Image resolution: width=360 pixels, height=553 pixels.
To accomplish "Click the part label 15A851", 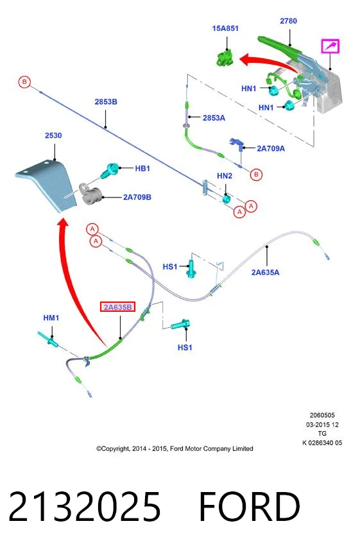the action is coord(225,28).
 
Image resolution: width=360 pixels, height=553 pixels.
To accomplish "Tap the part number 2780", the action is coord(288,21).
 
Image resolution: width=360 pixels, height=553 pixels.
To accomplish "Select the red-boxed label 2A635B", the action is coord(118,307).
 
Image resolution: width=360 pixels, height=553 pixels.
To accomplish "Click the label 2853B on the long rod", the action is coord(106,102).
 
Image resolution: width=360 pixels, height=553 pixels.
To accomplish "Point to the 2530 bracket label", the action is coord(53,135).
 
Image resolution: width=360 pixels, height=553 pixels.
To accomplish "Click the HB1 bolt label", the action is coord(142,169).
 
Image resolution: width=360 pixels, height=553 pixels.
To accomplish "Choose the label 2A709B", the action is coord(137,197).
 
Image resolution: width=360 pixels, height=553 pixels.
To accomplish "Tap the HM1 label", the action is coord(51,318).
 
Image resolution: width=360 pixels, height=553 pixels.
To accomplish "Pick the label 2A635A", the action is coord(265,272).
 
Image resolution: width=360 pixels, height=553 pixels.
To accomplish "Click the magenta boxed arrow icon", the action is coord(330,46).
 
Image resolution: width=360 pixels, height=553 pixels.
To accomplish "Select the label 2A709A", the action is coord(271,148).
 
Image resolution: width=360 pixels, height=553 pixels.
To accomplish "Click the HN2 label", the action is coord(225,176).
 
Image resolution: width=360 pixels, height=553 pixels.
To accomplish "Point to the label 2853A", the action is coord(214,118).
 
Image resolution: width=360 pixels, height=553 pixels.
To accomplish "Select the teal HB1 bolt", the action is coord(109,171).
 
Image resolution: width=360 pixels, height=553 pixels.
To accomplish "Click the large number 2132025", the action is coord(84,506).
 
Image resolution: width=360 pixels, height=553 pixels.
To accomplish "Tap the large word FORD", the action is coord(250,506).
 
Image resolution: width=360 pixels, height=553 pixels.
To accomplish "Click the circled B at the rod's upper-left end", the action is coord(24,82).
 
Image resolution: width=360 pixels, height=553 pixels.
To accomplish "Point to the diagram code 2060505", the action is coord(322,416).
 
